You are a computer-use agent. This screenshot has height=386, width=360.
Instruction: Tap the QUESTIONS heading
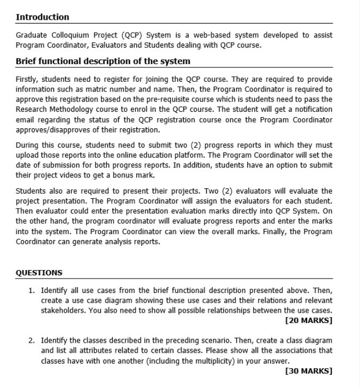click(39, 273)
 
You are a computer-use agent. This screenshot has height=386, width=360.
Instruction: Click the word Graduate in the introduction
click(32, 35)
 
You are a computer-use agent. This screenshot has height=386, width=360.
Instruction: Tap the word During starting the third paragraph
click(27, 145)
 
